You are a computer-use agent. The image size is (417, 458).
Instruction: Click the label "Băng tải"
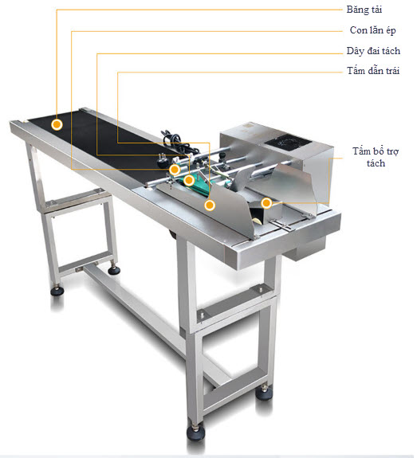pyautogui.click(x=364, y=10)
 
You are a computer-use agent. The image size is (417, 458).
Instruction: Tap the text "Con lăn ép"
pyautogui.click(x=373, y=30)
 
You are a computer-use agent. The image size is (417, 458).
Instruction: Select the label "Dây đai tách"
pyautogui.click(x=373, y=51)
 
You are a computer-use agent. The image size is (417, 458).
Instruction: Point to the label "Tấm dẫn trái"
pyautogui.click(x=373, y=71)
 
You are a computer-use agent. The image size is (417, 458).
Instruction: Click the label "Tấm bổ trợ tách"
pyautogui.click(x=376, y=157)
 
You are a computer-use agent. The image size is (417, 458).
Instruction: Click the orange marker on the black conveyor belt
pyautogui.click(x=57, y=124)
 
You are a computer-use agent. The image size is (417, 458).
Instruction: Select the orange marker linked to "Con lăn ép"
pyautogui.click(x=175, y=170)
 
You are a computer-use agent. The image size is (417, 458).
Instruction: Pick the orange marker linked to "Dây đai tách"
pyautogui.click(x=189, y=180)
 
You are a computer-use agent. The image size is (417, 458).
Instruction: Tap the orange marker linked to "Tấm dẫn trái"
pyautogui.click(x=210, y=206)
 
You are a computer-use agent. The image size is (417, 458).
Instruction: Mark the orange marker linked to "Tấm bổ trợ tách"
pyautogui.click(x=266, y=203)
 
